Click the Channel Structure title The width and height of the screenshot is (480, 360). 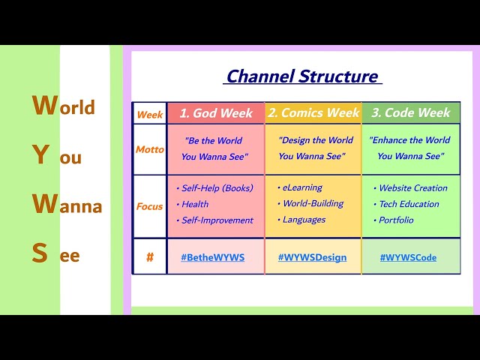click(x=302, y=76)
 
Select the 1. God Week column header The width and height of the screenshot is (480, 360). click(x=216, y=113)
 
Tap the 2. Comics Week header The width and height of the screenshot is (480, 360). click(x=313, y=113)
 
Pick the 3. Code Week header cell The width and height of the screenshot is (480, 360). click(x=411, y=113)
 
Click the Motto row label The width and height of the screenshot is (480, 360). click(x=149, y=149)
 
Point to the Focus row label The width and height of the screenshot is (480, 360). click(x=149, y=206)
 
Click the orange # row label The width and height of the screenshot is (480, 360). click(x=149, y=257)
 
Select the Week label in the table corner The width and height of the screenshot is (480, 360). click(x=150, y=115)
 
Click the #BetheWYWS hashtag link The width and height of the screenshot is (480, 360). click(x=213, y=257)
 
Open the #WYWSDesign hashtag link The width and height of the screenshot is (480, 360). click(x=312, y=257)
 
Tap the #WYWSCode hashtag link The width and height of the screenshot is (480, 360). click(x=408, y=257)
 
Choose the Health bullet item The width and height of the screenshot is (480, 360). click(x=194, y=204)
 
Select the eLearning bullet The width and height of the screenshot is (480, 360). click(x=301, y=187)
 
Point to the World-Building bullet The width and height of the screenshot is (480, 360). click(x=313, y=203)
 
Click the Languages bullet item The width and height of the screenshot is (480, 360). click(x=304, y=220)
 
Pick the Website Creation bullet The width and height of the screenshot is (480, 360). click(x=412, y=188)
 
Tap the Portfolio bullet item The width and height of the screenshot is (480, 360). click(x=396, y=220)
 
